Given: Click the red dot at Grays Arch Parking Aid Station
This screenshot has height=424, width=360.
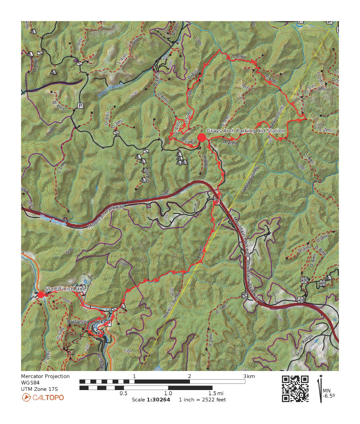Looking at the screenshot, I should (202, 137).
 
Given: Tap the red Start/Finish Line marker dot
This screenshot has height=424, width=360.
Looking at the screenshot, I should (41, 294).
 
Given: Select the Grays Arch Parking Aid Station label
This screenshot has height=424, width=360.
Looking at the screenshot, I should (246, 131).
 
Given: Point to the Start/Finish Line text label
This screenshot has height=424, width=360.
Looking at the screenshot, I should (64, 289).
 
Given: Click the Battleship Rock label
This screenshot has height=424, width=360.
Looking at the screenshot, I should (84, 322).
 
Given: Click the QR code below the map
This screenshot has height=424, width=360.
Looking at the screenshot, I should (295, 388).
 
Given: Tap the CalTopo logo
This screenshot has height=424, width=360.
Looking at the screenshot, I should (43, 397).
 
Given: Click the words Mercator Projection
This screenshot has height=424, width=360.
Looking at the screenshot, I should (45, 376).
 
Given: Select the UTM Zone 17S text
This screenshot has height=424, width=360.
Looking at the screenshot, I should (40, 389).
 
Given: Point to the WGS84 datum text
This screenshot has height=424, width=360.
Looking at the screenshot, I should (30, 383).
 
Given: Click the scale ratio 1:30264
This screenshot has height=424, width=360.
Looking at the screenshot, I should (158, 400).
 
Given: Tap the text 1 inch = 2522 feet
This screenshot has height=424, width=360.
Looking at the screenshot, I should (202, 400).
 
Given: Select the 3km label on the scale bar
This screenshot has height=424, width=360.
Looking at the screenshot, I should (250, 376).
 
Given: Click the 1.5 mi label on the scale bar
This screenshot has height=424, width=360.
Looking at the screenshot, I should (215, 393).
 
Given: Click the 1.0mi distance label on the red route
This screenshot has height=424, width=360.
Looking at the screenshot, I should (239, 57).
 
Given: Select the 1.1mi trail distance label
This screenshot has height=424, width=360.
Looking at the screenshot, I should (60, 167).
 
